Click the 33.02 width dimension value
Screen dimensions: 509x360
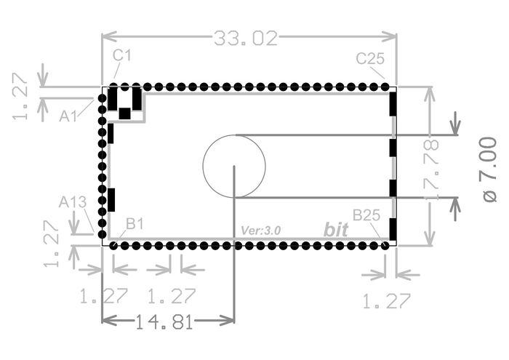coord(246,39)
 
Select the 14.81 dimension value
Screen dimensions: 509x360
coord(164,322)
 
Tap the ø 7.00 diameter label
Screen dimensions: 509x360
coord(490,169)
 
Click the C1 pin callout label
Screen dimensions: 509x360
coord(122,55)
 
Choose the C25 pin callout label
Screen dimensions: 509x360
coord(370,59)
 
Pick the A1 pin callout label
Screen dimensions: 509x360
coord(68,116)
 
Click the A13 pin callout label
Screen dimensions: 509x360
coord(73,202)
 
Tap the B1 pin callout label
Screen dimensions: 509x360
coord(135,224)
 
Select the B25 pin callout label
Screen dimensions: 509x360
coord(366,215)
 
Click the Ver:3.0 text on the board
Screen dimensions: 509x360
coord(260,231)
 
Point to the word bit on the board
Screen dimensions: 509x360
coord(336,230)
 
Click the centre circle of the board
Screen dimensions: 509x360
coord(234,167)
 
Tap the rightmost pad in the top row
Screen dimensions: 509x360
coord(385,87)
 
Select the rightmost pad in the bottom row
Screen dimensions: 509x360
coord(385,246)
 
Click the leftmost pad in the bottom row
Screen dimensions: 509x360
coord(113,246)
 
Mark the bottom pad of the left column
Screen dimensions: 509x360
coord(103,234)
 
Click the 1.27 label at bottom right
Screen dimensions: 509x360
coord(386,301)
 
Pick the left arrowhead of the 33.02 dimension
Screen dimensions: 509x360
coord(109,36)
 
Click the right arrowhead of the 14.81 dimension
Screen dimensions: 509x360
coord(228,321)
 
